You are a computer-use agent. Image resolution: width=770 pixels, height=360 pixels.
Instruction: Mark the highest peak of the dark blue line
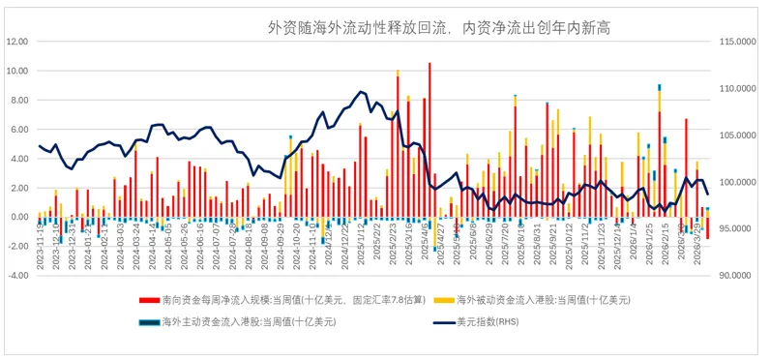(x=361, y=92)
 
